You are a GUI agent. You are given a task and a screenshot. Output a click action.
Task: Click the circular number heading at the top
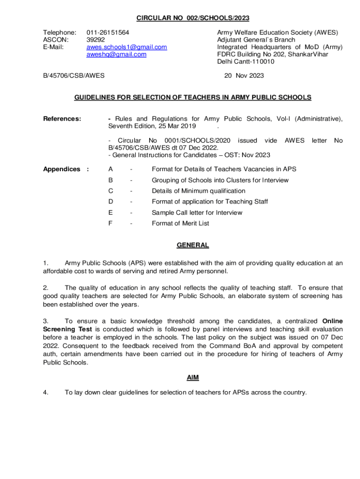click(193, 18)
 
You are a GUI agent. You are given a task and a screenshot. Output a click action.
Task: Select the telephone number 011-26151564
click(108, 33)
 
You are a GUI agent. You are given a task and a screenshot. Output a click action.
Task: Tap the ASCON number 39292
click(96, 40)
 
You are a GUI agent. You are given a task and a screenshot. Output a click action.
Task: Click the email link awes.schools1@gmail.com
click(127, 47)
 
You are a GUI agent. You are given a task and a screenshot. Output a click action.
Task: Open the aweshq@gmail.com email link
click(116, 54)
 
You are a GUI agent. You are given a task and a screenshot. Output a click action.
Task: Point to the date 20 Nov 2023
click(244, 76)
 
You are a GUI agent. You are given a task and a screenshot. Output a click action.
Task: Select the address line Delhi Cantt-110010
click(245, 61)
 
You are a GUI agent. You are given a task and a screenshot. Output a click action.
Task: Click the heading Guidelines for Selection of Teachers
click(193, 97)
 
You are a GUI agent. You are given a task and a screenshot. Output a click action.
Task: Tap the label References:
click(62, 119)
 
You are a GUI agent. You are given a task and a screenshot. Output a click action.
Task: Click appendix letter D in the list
click(111, 202)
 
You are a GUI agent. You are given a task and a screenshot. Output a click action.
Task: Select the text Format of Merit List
click(180, 223)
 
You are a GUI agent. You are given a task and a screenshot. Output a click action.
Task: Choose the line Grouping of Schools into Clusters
click(220, 180)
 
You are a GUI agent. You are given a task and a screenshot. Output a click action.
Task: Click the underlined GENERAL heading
click(193, 245)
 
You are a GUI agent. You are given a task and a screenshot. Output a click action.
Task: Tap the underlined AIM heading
click(193, 377)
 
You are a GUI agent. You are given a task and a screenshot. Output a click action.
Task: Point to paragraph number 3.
click(46, 321)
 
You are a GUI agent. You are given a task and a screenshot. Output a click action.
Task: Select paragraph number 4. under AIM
click(46, 392)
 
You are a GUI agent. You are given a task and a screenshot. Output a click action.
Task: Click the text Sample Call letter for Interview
click(197, 212)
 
